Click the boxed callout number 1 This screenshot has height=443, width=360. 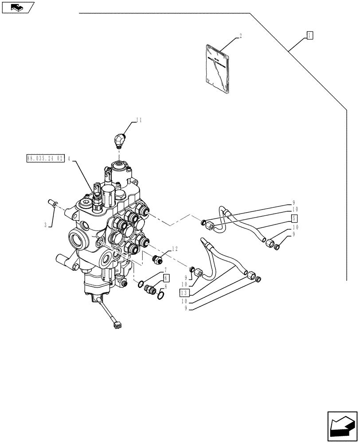point(310,36)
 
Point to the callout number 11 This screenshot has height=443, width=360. point(139,120)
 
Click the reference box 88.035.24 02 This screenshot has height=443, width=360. point(46,158)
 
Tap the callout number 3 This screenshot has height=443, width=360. point(45,225)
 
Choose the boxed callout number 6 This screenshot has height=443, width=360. point(166,278)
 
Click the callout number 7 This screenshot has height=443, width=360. point(165,270)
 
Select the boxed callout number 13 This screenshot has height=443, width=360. point(184,292)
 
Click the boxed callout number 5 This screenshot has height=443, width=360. point(294,218)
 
